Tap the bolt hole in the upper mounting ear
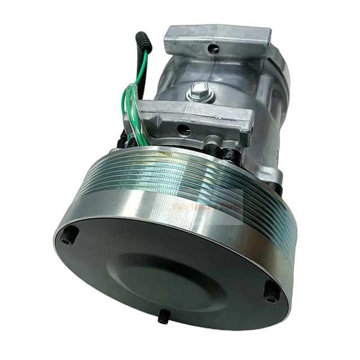click(x=214, y=49)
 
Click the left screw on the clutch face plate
click(x=67, y=237)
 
